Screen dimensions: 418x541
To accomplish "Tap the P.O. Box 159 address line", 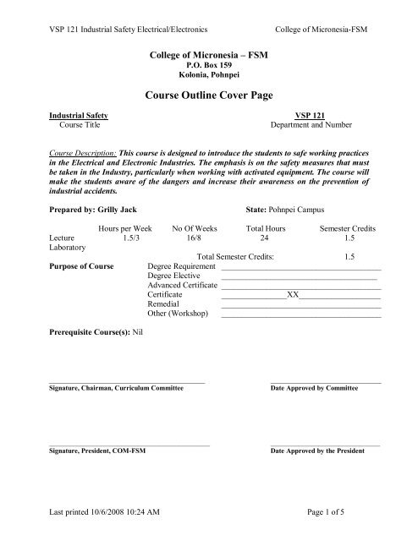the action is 210,63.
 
